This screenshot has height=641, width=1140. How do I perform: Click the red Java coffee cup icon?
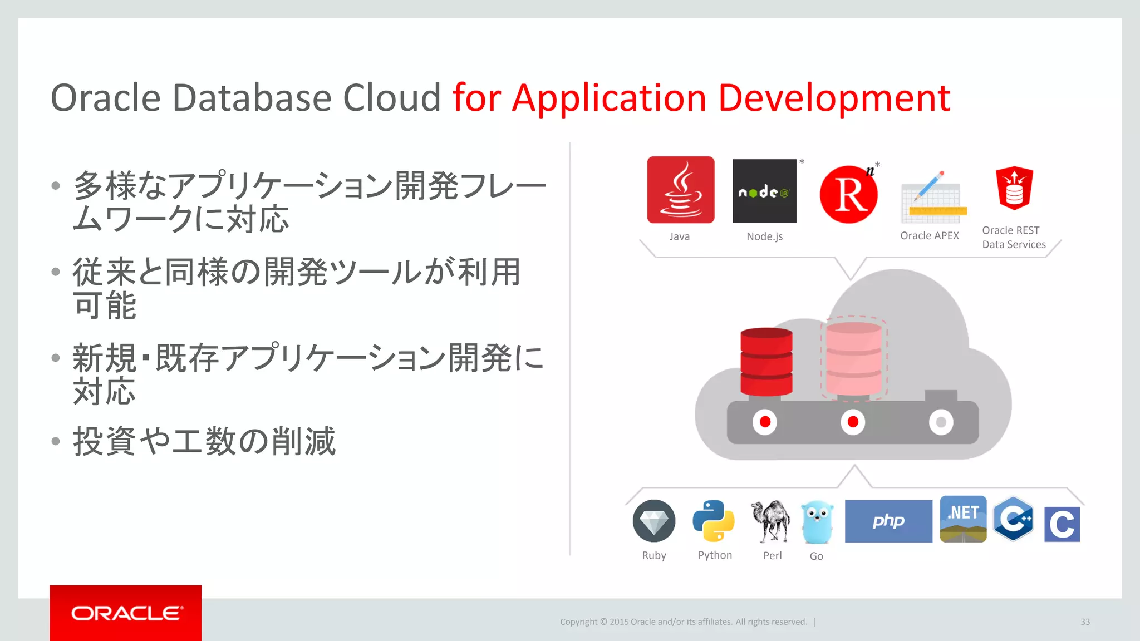tap(680, 190)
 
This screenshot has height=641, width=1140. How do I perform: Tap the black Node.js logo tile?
tap(764, 191)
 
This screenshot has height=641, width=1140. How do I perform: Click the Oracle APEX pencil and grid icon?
tap(933, 196)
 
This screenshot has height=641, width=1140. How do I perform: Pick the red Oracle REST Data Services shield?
tap(1014, 188)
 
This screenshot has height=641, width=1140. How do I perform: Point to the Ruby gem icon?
tap(654, 521)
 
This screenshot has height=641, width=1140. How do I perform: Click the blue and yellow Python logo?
tap(713, 521)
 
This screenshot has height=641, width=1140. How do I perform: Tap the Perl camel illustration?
tap(771, 521)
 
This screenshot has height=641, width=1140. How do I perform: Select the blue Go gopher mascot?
tap(817, 522)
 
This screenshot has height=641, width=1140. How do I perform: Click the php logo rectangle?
tap(888, 521)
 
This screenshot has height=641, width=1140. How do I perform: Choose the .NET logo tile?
tap(963, 519)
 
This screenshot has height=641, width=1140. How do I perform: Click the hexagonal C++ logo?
tap(1014, 519)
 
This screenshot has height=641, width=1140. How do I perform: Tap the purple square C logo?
tap(1062, 524)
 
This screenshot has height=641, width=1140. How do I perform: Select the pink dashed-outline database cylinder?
tap(853, 359)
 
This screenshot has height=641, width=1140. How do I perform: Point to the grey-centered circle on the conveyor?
tap(941, 422)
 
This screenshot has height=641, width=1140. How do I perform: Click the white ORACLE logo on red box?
tap(126, 613)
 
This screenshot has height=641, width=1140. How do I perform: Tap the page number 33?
tap(1085, 622)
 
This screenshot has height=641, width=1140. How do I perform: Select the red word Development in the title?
tap(834, 98)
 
